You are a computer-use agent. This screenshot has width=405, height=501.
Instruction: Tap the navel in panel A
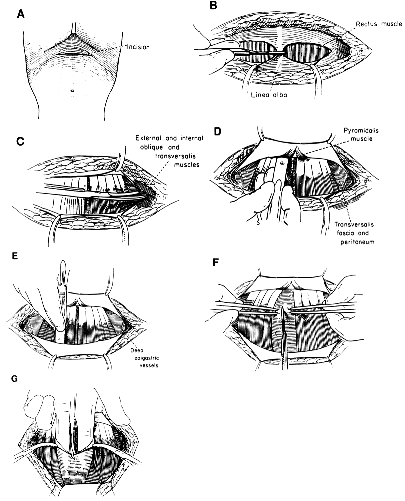click(73, 90)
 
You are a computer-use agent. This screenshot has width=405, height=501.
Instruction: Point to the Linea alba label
click(269, 95)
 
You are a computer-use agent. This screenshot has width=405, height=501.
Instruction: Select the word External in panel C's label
click(148, 139)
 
